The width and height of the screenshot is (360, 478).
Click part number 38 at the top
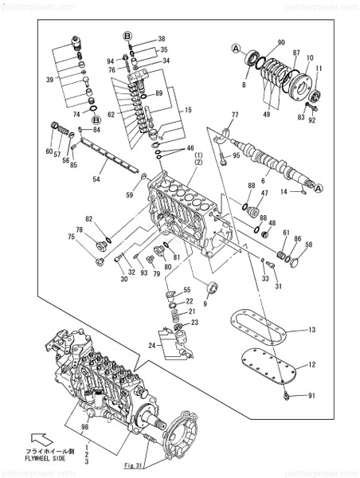pyautogui.click(x=161, y=39)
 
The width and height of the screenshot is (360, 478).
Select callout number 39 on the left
pyautogui.click(x=50, y=80)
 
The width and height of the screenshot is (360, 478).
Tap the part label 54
pyautogui.click(x=97, y=181)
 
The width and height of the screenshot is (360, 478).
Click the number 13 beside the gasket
pyautogui.click(x=312, y=330)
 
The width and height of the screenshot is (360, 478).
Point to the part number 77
pyautogui.click(x=235, y=117)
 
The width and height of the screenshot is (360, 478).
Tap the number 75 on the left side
pyautogui.click(x=71, y=236)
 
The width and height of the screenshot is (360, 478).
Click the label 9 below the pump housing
pyautogui.click(x=205, y=304)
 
